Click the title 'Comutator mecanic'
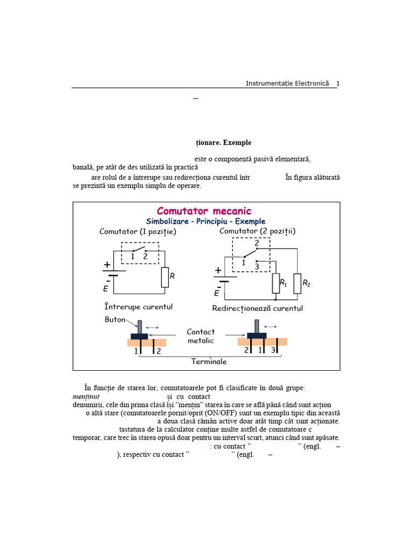point(204,211)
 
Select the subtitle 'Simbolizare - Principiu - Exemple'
point(205,222)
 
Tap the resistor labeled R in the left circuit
point(165,277)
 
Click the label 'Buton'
point(115,319)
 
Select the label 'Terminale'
point(209,362)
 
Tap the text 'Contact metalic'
point(201,336)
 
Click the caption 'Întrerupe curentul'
point(139,307)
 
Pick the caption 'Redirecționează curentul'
point(258,308)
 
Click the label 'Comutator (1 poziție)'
point(138,232)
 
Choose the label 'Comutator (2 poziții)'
point(258,231)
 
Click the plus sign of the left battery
point(108,265)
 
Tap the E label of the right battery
point(217,293)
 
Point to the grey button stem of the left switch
point(139,327)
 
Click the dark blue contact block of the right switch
point(257,336)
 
